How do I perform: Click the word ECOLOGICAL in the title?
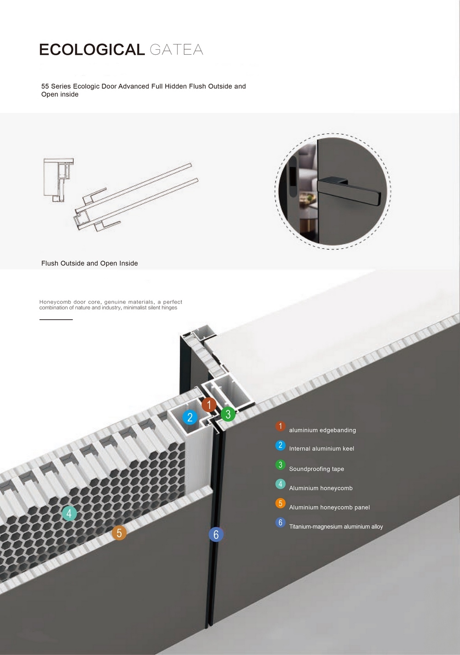(92, 49)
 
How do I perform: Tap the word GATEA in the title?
(176, 50)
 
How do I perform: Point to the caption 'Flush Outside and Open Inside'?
(90, 263)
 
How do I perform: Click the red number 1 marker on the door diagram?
(209, 405)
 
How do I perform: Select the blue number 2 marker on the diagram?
(190, 417)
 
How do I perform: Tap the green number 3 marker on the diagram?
(228, 414)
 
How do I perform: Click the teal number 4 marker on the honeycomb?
(69, 513)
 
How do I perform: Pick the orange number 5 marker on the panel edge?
(119, 533)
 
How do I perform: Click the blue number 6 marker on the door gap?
(216, 534)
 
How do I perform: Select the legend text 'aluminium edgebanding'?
(322, 430)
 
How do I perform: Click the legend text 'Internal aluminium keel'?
(322, 448)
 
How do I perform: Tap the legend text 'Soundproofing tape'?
(316, 469)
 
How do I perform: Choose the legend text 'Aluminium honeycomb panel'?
(329, 507)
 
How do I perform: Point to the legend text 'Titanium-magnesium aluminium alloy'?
(336, 527)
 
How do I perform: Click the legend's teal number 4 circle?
(281, 484)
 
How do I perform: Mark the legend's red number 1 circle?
(281, 426)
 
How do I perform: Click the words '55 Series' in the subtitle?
(56, 86)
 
